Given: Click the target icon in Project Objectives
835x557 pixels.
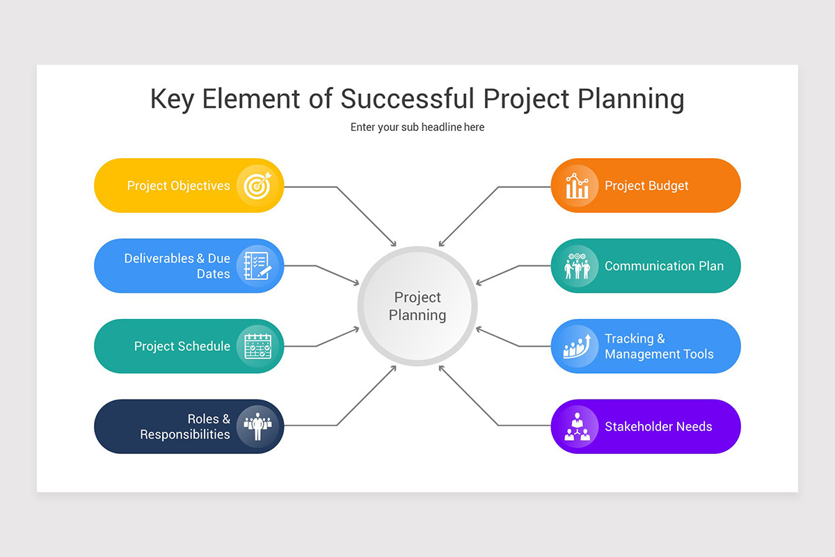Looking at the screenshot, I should (257, 185).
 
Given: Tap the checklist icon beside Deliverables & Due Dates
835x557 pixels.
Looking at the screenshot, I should (257, 266).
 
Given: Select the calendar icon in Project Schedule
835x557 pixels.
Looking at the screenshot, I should (257, 346).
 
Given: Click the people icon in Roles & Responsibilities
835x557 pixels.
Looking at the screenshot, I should (257, 426).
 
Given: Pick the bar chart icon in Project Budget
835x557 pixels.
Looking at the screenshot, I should (577, 185).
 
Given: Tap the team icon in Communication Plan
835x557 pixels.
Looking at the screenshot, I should (577, 266).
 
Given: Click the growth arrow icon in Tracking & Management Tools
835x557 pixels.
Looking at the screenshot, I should (577, 346).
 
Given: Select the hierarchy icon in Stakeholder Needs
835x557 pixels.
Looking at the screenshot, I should (577, 426).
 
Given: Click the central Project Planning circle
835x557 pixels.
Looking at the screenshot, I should (417, 306).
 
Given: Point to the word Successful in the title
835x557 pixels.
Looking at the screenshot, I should (407, 99).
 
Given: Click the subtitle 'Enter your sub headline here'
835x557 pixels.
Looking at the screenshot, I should (417, 127).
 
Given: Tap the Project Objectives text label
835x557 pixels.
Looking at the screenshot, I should (178, 186).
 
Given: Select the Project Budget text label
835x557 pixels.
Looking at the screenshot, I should (646, 186).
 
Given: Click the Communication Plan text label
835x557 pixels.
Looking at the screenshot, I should (664, 266).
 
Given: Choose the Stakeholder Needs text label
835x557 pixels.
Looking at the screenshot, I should (658, 427).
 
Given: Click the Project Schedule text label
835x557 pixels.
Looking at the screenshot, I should (182, 347).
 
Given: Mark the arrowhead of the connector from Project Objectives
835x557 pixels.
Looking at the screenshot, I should (394, 244).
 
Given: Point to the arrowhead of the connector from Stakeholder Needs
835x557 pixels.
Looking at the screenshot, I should (441, 368).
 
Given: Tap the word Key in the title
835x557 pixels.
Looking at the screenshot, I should (173, 99).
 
